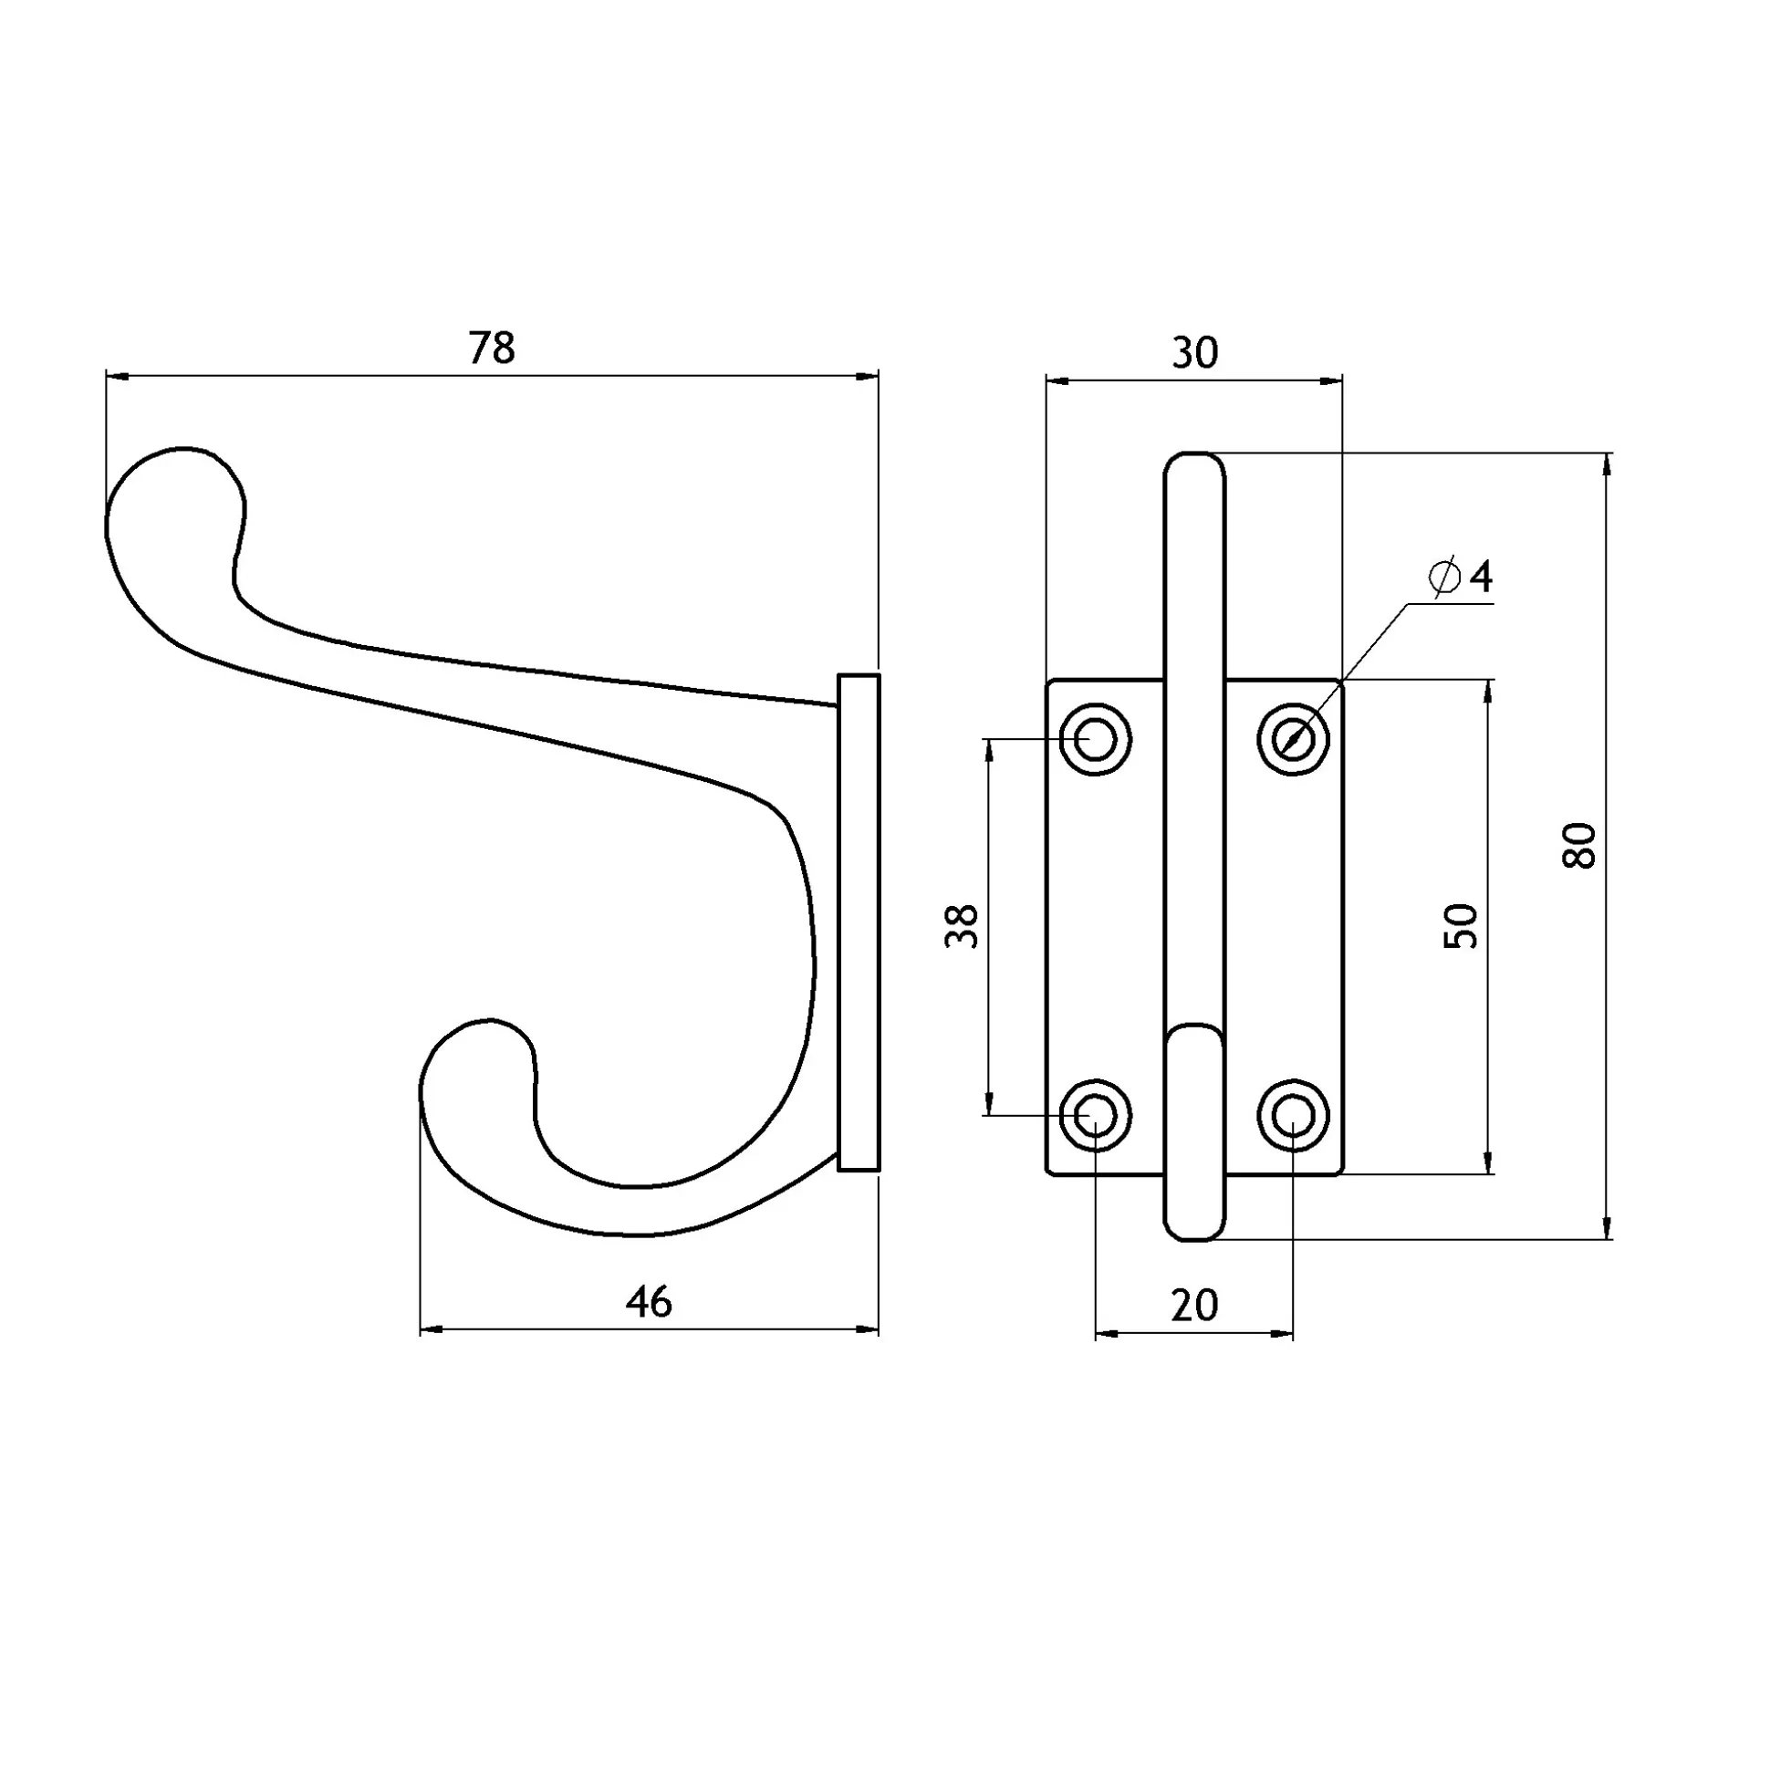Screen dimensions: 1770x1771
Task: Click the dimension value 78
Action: [x=493, y=348]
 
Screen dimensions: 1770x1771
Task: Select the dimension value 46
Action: [x=649, y=1301]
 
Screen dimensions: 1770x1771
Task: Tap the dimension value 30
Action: [x=1195, y=352]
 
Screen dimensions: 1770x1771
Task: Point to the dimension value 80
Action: [x=1580, y=845]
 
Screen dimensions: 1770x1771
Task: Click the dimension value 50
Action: [x=1461, y=926]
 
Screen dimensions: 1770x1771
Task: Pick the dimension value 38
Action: [x=962, y=926]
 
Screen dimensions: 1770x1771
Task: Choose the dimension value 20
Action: [x=1195, y=1306]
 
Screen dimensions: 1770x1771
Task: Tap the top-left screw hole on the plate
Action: [x=1096, y=739]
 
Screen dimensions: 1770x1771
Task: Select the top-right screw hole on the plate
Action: [x=1294, y=739]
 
